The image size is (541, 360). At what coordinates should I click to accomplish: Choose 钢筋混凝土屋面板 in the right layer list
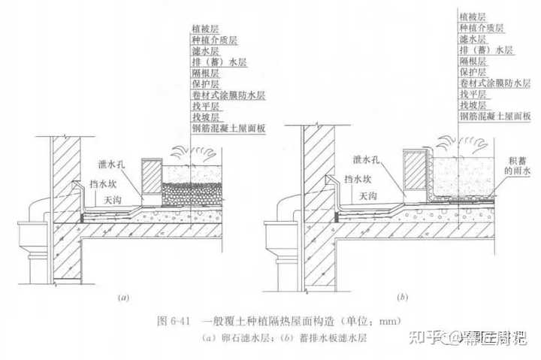(x=495, y=116)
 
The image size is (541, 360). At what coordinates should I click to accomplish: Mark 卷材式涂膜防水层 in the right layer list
(x=495, y=83)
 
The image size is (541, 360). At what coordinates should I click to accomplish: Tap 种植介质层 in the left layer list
(x=211, y=40)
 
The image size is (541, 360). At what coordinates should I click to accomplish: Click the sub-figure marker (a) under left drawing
(x=124, y=298)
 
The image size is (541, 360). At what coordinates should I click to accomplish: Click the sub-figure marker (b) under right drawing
(x=402, y=298)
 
